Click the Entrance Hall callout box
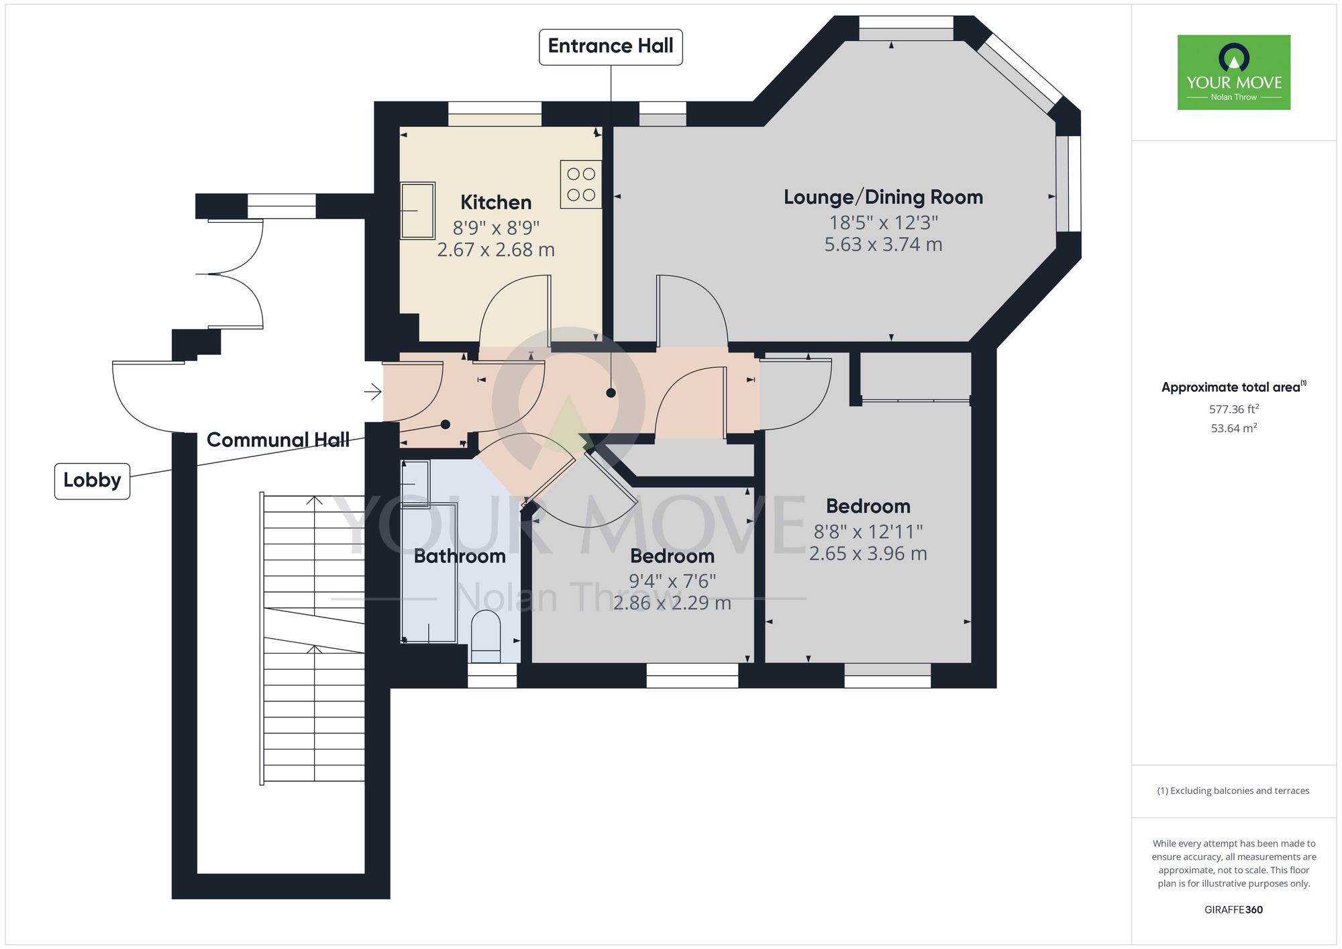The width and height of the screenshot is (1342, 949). pos(611,46)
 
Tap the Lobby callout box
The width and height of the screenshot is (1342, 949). pos(92,481)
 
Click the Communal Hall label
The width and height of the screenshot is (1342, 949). pos(278,440)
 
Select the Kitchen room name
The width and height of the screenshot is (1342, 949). pos(496,202)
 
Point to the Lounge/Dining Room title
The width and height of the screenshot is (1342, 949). pos(883,197)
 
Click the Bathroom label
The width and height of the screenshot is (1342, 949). pos(460,556)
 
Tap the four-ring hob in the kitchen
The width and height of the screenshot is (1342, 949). pos(581,185)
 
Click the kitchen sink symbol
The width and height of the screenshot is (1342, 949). pos(417,211)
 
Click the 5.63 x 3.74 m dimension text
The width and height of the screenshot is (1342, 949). pos(883,245)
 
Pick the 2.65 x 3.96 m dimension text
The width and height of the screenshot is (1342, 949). pos(868,554)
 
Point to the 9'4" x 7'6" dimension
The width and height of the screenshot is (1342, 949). pos(672,581)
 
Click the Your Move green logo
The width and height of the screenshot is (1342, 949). pos(1233,72)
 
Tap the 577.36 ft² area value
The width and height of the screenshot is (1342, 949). pos(1233,409)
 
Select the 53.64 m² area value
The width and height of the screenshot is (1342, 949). pos(1233,429)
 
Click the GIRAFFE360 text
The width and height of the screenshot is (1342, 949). pos(1233,910)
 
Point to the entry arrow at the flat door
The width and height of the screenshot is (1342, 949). pos(373,391)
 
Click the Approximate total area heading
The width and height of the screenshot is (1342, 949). pos(1233,387)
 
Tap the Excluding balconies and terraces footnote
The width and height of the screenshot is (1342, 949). pos(1233,791)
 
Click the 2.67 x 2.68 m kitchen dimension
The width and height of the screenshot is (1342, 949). pos(496,250)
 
